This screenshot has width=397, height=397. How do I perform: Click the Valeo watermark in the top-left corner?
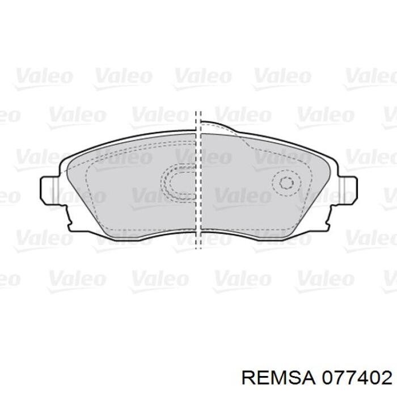pos(43,76)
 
